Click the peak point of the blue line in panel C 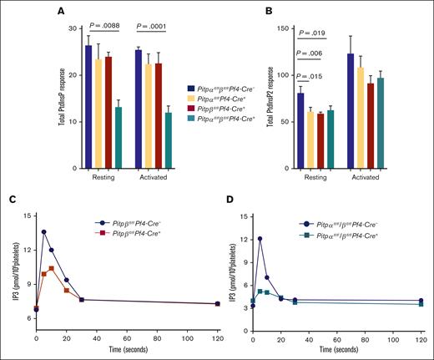(x=43, y=232)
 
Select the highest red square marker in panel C (x=52, y=268)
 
